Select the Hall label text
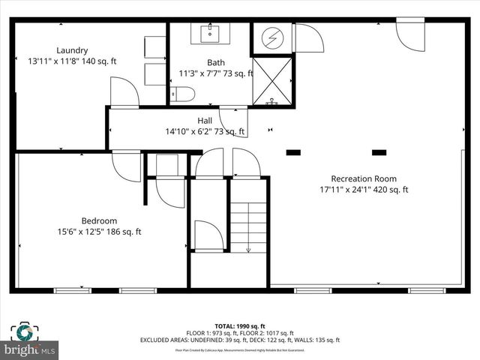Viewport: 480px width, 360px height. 205,120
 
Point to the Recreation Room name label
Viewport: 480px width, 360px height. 364,178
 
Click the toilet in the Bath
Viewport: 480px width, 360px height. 182,94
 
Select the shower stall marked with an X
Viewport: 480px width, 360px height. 271,80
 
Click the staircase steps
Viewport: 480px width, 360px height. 247,226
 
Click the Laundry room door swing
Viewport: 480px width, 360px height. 124,92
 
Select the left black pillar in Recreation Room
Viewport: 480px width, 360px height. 293,153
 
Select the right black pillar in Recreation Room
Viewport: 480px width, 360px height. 379,153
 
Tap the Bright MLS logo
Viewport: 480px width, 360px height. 30,349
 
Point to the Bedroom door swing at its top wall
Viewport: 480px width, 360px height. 126,166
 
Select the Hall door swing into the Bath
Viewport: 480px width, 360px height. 233,122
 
